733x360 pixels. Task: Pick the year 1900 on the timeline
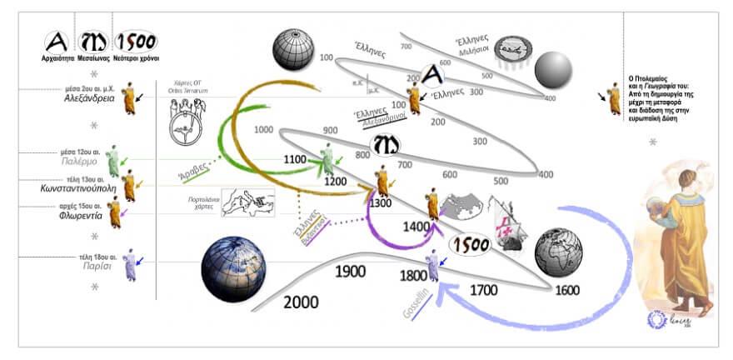coord(352,271)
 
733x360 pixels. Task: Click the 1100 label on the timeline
coord(296,159)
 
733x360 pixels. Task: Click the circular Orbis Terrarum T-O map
coord(184,125)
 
